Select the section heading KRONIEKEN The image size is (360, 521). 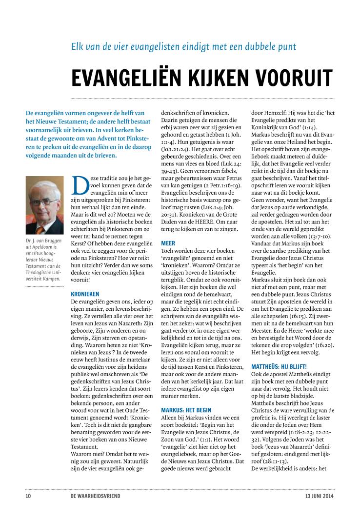coord(85,295)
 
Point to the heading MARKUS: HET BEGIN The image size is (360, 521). coord(186,410)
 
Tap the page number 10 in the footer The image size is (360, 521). coord(28,497)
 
